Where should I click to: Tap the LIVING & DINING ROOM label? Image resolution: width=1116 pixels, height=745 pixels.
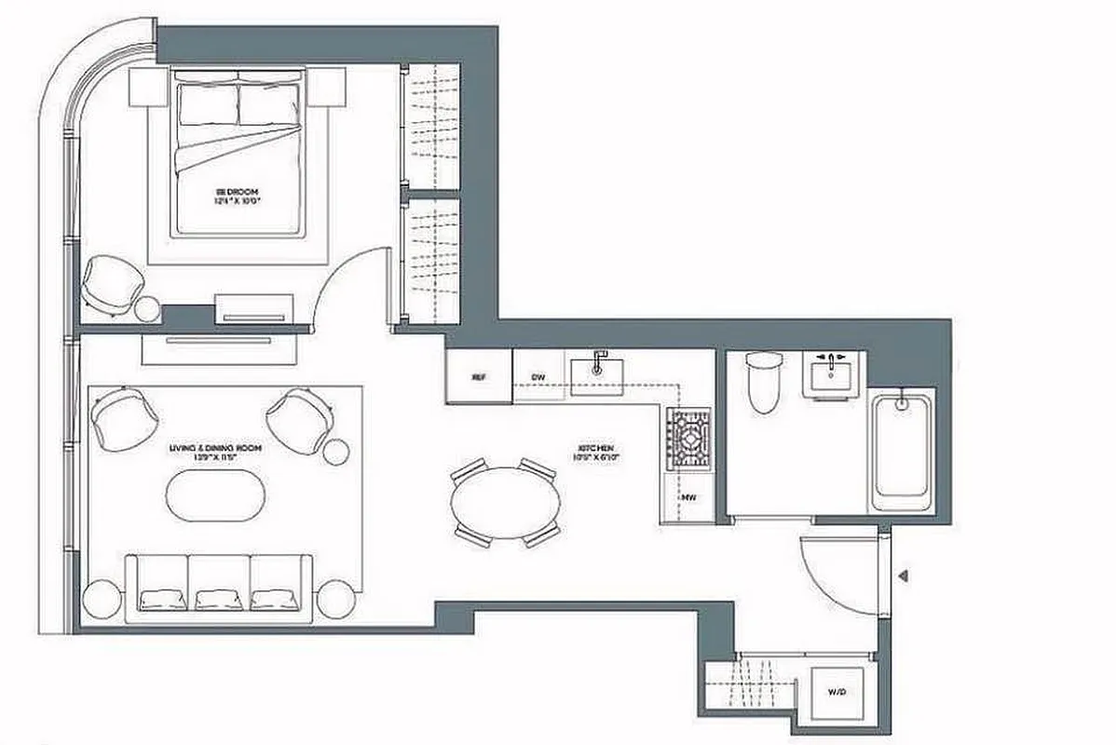point(216,452)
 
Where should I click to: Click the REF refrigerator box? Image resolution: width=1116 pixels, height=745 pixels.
point(479,376)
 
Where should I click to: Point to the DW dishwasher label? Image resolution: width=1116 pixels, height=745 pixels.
point(538,377)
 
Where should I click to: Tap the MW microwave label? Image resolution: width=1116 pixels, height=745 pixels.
point(689,498)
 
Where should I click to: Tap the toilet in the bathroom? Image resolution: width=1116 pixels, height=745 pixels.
point(761,383)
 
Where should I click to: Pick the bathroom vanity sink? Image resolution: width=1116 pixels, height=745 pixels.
point(834,374)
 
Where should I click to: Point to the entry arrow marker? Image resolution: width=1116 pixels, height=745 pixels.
point(902,576)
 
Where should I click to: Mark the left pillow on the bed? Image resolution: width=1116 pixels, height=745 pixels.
point(210,104)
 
